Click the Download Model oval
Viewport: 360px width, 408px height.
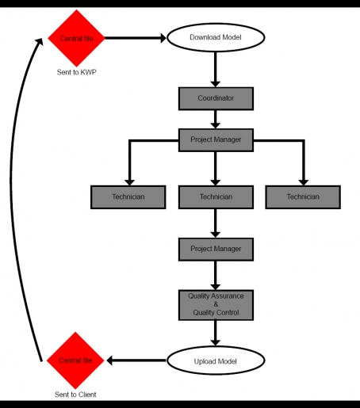(216, 37)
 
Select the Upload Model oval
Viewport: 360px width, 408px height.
(216, 360)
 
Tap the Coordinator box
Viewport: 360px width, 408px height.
(216, 98)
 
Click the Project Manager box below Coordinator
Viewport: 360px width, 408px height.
(216, 140)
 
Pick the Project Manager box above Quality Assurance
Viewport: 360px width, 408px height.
(216, 250)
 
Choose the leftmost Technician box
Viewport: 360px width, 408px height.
(128, 197)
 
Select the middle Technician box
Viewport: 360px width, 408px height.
(216, 197)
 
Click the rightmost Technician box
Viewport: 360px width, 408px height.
(303, 197)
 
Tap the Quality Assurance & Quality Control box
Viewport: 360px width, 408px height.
(216, 305)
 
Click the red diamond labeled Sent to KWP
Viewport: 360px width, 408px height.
(76, 38)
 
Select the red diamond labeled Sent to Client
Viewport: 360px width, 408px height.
(75, 360)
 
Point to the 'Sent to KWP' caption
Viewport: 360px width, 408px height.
(77, 72)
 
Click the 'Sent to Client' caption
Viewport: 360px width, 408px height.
(75, 395)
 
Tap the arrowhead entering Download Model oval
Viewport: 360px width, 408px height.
(163, 38)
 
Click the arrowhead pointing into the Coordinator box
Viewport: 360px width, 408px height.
(216, 84)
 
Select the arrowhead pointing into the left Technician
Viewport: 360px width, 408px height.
(129, 182)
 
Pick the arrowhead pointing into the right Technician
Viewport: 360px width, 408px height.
(304, 182)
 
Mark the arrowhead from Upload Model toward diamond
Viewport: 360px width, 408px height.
(109, 360)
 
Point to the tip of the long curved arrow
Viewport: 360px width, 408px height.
(42, 39)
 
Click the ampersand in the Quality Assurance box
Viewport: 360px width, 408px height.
(216, 304)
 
